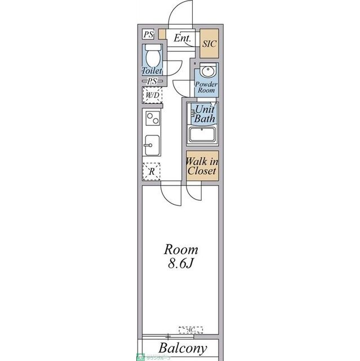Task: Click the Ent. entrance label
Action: pos(181,39)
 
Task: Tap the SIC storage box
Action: pos(209,43)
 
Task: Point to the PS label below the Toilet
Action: pos(152,81)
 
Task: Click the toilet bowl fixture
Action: pos(152,57)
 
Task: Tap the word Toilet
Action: pos(152,72)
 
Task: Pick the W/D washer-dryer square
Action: pos(152,95)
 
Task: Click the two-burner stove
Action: pos(152,119)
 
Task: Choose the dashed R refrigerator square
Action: pos(152,170)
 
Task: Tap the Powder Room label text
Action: pos(206,87)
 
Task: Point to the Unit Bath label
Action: pos(204,115)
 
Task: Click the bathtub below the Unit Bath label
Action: pos(203,135)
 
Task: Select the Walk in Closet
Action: pos(202,166)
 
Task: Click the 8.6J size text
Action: pos(181,263)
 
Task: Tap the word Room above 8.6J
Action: pos(181,249)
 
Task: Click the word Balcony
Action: pos(182,348)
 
